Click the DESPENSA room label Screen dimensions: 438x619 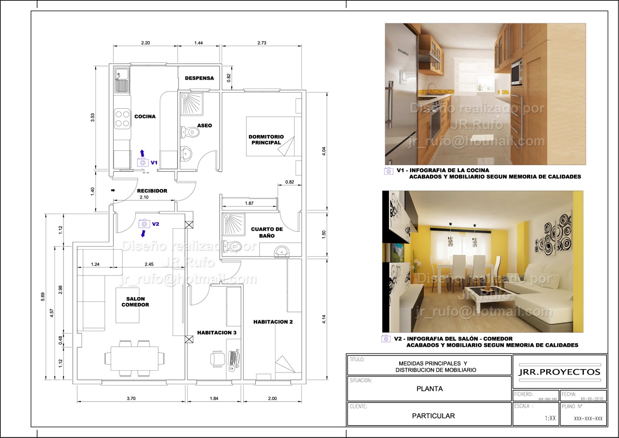click(199, 78)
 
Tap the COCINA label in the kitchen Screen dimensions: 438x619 click(145, 116)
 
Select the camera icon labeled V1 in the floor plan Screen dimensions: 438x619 click(142, 163)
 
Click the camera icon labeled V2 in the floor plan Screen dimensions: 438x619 click(144, 224)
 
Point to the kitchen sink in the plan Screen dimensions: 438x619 click(121, 80)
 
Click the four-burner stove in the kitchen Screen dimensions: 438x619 click(122, 119)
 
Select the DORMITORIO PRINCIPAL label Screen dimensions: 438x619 click(266, 140)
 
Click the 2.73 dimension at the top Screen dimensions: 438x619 click(262, 43)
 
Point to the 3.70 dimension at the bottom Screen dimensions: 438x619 click(131, 398)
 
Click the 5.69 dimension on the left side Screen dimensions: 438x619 click(43, 297)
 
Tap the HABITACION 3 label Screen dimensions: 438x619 click(217, 333)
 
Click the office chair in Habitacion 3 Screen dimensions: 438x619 click(217, 359)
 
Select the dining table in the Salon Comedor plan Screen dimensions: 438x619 click(134, 358)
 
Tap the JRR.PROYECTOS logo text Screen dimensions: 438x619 click(559, 372)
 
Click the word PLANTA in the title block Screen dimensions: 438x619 click(429, 389)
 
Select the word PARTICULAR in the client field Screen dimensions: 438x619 click(433, 416)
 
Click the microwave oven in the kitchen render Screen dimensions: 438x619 click(516, 72)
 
